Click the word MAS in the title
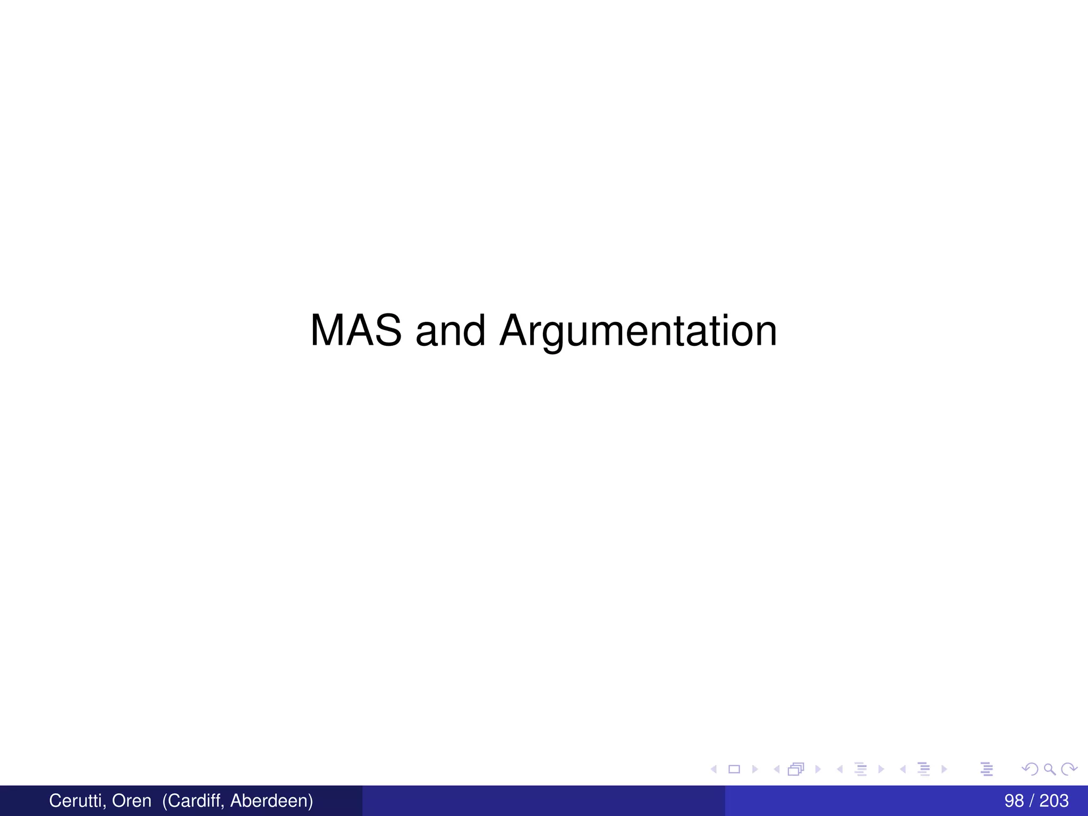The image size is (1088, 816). (x=355, y=330)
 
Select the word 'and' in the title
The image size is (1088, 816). (x=450, y=330)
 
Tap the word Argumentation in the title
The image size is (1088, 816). (x=638, y=330)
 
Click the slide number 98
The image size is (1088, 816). (x=1014, y=801)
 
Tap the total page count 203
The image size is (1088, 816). (x=1054, y=801)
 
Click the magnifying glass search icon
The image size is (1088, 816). (x=1050, y=769)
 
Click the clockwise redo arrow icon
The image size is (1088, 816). (x=1069, y=769)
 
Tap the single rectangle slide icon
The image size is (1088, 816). (x=734, y=769)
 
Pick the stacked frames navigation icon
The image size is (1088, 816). (x=796, y=769)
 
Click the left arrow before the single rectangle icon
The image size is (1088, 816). (x=714, y=769)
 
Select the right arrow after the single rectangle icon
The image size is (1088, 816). (x=755, y=769)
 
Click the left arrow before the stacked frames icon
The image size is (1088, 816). (x=777, y=769)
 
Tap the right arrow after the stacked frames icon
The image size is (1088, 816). (x=818, y=769)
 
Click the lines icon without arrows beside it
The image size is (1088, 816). (x=987, y=769)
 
